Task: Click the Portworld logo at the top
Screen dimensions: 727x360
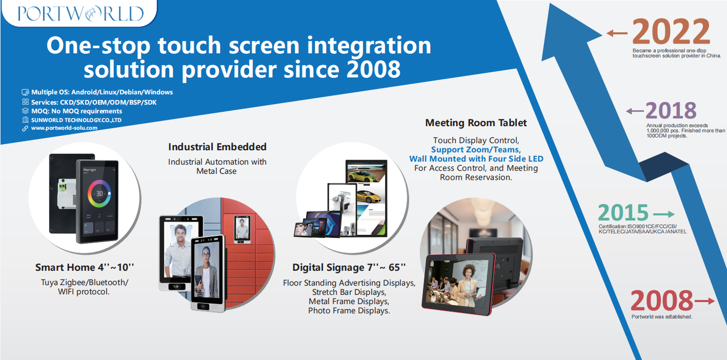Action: point(80,14)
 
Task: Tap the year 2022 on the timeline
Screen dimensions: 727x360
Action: point(671,31)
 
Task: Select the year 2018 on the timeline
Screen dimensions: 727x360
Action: point(671,111)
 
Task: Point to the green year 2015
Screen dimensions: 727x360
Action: point(623,213)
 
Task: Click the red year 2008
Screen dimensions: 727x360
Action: point(662,301)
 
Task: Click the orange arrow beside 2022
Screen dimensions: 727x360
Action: point(617,33)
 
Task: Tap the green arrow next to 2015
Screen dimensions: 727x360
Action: point(664,214)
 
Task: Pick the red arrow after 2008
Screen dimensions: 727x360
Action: point(704,301)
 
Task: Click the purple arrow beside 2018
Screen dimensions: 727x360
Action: point(635,111)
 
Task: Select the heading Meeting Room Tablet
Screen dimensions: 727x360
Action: point(476,123)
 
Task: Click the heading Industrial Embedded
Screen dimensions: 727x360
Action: point(217,147)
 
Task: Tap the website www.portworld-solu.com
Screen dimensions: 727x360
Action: point(64,128)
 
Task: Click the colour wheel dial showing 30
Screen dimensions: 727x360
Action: point(99,194)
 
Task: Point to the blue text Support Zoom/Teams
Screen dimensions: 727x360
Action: point(476,150)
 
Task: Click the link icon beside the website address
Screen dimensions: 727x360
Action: point(25,128)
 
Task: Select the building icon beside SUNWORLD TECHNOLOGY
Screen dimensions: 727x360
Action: point(25,120)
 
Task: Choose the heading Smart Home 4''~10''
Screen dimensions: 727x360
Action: point(85,267)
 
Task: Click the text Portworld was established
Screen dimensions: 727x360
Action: point(662,316)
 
